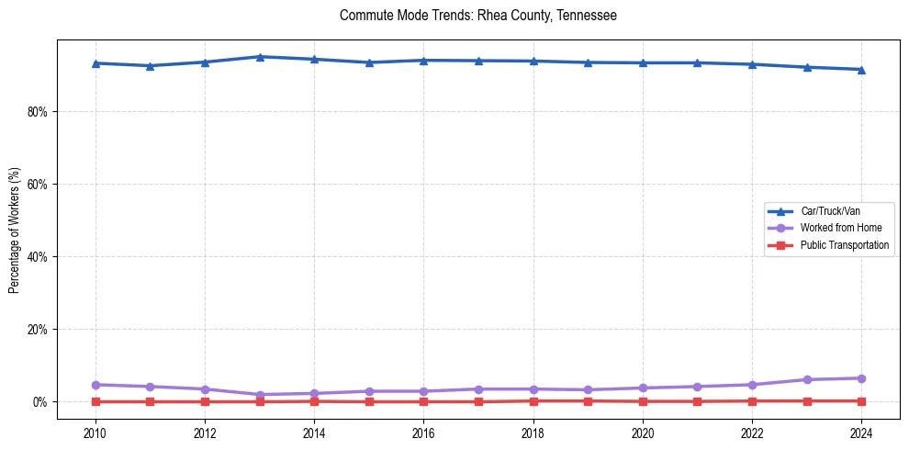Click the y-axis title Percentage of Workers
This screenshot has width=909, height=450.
(x=14, y=231)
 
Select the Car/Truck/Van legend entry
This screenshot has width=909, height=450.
(x=829, y=211)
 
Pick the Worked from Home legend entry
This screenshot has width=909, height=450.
(x=838, y=228)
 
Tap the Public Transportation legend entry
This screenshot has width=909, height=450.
(x=844, y=245)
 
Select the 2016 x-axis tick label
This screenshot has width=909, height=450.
(x=423, y=432)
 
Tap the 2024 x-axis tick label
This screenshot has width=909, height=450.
(x=861, y=432)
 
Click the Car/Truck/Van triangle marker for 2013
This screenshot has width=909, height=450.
(x=260, y=57)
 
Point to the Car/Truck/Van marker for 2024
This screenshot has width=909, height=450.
(x=861, y=70)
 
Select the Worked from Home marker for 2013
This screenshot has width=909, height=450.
(x=260, y=395)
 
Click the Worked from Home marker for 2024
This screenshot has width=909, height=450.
(x=861, y=378)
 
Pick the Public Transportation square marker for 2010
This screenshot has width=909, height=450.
(x=95, y=401)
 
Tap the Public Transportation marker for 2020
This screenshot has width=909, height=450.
(x=643, y=401)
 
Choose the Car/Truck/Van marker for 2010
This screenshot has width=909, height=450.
(x=95, y=63)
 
